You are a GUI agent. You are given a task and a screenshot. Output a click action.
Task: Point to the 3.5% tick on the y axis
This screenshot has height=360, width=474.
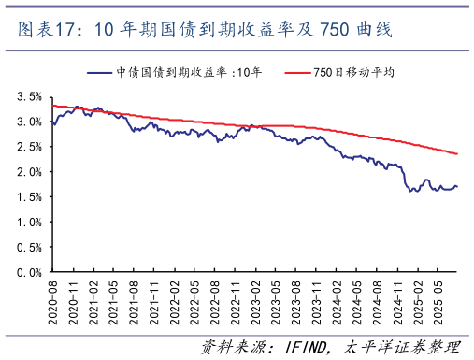29,96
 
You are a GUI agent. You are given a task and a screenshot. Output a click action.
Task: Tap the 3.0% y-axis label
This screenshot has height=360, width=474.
29,122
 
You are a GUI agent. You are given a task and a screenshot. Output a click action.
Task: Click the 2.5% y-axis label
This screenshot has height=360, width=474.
29,147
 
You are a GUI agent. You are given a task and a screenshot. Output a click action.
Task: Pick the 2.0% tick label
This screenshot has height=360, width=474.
29,172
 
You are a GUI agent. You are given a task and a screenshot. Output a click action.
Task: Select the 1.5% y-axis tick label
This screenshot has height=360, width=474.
29,197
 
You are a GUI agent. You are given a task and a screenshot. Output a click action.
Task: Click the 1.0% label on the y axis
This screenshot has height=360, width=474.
29,223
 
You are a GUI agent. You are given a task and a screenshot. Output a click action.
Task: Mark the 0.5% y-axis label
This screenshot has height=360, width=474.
29,248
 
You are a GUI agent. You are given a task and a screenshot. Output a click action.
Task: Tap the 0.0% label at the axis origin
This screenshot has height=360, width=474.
29,273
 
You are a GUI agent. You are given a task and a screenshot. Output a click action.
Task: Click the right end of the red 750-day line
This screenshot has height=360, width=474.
457,154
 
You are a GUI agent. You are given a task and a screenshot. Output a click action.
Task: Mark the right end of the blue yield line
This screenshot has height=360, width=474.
457,187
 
